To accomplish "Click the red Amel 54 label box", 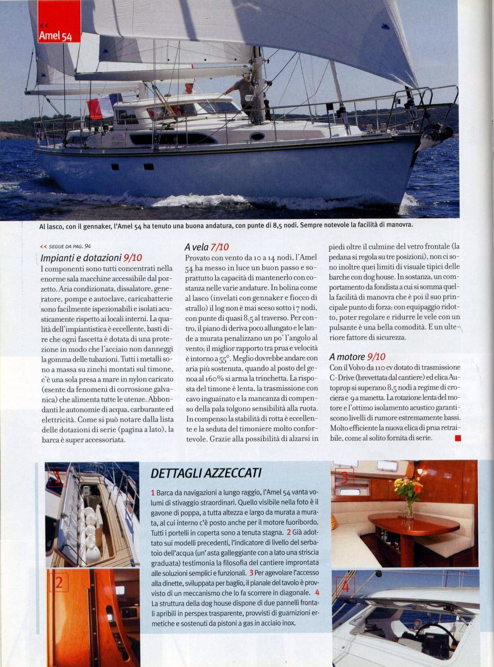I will (x=59, y=22).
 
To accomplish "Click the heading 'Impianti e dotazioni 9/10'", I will (x=91, y=258).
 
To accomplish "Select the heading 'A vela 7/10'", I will (x=207, y=247).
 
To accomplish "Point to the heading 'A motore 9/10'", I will (x=357, y=356).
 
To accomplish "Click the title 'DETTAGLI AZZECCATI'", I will (x=206, y=473).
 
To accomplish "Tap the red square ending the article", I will (x=457, y=438).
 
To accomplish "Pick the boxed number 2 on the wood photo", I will (x=59, y=582).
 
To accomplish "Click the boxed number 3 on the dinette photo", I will (x=344, y=478).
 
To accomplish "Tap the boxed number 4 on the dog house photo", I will (x=346, y=587).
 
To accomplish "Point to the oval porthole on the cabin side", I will (x=257, y=136).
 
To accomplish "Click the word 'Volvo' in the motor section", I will (x=354, y=367).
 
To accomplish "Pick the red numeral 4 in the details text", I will (x=317, y=592).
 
